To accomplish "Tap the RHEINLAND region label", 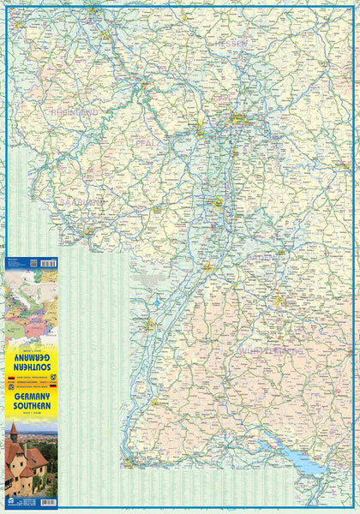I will pos(75,112).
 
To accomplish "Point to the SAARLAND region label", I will pos(81,202).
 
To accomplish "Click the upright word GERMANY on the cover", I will pos(31,401).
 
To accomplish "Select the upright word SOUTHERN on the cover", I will pos(31,410).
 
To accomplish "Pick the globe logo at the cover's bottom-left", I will pos(12,501).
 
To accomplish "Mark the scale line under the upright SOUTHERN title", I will pos(31,417).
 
